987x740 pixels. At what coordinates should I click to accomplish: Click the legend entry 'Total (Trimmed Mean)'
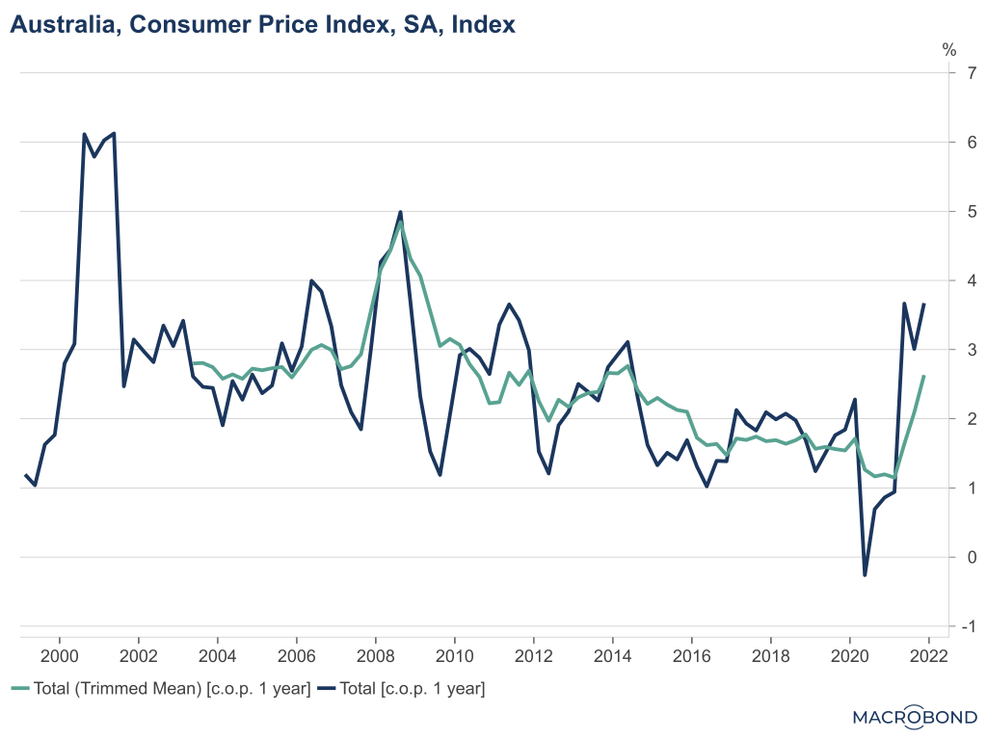click(x=160, y=689)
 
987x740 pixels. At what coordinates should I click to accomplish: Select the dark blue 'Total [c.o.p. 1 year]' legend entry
click(x=406, y=689)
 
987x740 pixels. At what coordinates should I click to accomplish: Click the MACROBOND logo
click(x=916, y=716)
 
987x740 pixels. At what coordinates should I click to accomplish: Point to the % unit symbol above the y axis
click(x=948, y=50)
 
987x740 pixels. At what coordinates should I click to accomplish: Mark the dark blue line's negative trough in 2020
click(x=865, y=575)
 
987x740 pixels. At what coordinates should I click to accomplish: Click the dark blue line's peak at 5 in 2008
click(x=400, y=212)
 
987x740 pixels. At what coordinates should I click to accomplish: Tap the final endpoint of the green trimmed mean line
click(x=924, y=376)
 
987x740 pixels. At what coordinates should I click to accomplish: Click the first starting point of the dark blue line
click(x=25, y=475)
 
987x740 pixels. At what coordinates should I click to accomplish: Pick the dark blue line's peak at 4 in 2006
click(x=311, y=280)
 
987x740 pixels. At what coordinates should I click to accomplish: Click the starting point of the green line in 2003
click(x=193, y=363)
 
